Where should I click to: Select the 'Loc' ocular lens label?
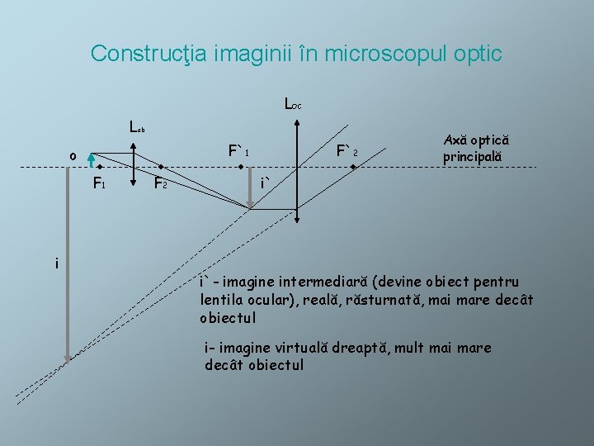pyautogui.click(x=292, y=105)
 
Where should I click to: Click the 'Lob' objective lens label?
pyautogui.click(x=137, y=127)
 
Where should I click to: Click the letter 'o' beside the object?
pyautogui.click(x=73, y=156)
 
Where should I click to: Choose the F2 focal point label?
pyautogui.click(x=161, y=184)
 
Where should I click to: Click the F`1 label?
pyautogui.click(x=239, y=152)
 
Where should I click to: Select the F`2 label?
pyautogui.click(x=347, y=152)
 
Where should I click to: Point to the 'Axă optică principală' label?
pyautogui.click(x=476, y=149)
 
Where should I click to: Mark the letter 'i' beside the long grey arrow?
pyautogui.click(x=56, y=263)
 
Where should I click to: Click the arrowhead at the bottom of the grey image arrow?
pyautogui.click(x=68, y=356)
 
